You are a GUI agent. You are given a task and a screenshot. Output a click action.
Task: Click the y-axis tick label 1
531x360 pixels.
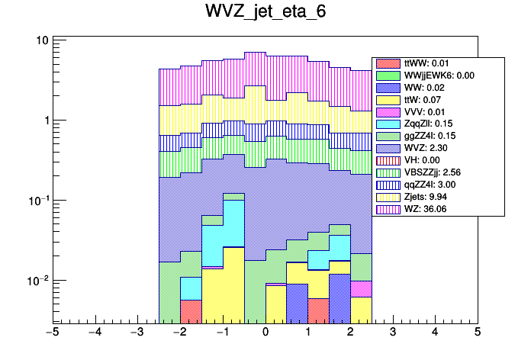pos(47,121)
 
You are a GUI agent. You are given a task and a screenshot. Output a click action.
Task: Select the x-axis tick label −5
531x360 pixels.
pos(52,333)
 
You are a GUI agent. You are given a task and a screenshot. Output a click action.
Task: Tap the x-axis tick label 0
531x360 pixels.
pos(265,333)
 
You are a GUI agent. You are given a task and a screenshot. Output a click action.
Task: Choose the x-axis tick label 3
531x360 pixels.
pos(392,333)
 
